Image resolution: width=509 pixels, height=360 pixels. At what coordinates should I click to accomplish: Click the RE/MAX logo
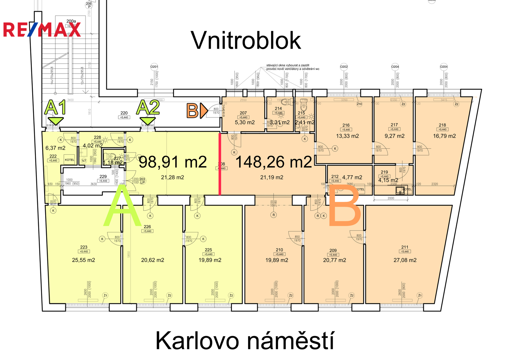(x=42, y=30)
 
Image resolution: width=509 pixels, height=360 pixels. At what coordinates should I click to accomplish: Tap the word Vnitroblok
(x=246, y=40)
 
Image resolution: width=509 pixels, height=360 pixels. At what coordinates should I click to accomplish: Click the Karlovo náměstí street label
(x=245, y=341)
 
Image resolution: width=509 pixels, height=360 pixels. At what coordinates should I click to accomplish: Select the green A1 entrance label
(x=55, y=108)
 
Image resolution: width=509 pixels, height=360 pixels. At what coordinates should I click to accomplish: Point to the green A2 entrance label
(x=148, y=108)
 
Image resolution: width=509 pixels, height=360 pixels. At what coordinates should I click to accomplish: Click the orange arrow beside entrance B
(x=204, y=111)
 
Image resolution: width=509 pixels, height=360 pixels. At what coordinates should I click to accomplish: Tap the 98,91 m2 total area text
(x=173, y=162)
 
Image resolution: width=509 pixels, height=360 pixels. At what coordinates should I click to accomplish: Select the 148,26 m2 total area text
(x=274, y=162)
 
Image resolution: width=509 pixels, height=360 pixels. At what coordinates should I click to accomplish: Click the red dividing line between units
(x=220, y=164)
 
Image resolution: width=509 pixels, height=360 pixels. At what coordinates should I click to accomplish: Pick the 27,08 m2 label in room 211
(x=405, y=260)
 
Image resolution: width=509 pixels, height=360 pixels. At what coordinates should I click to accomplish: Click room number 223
(x=84, y=247)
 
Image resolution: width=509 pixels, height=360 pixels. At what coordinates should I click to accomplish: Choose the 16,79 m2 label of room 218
(x=444, y=136)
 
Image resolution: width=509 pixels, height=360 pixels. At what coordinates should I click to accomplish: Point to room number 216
(x=346, y=125)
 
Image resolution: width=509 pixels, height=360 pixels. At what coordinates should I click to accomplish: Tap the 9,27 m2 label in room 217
(x=394, y=136)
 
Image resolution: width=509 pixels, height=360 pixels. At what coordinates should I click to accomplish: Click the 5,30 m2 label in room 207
(x=245, y=122)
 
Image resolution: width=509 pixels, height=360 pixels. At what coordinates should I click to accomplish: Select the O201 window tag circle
(x=154, y=67)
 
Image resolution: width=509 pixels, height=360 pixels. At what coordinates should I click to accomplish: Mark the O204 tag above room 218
(x=444, y=67)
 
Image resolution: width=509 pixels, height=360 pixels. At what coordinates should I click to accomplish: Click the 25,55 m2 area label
(x=83, y=260)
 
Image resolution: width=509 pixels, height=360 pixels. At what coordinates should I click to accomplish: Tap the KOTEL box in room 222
(x=69, y=160)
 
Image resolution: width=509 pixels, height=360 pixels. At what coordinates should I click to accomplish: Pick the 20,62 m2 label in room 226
(x=153, y=260)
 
